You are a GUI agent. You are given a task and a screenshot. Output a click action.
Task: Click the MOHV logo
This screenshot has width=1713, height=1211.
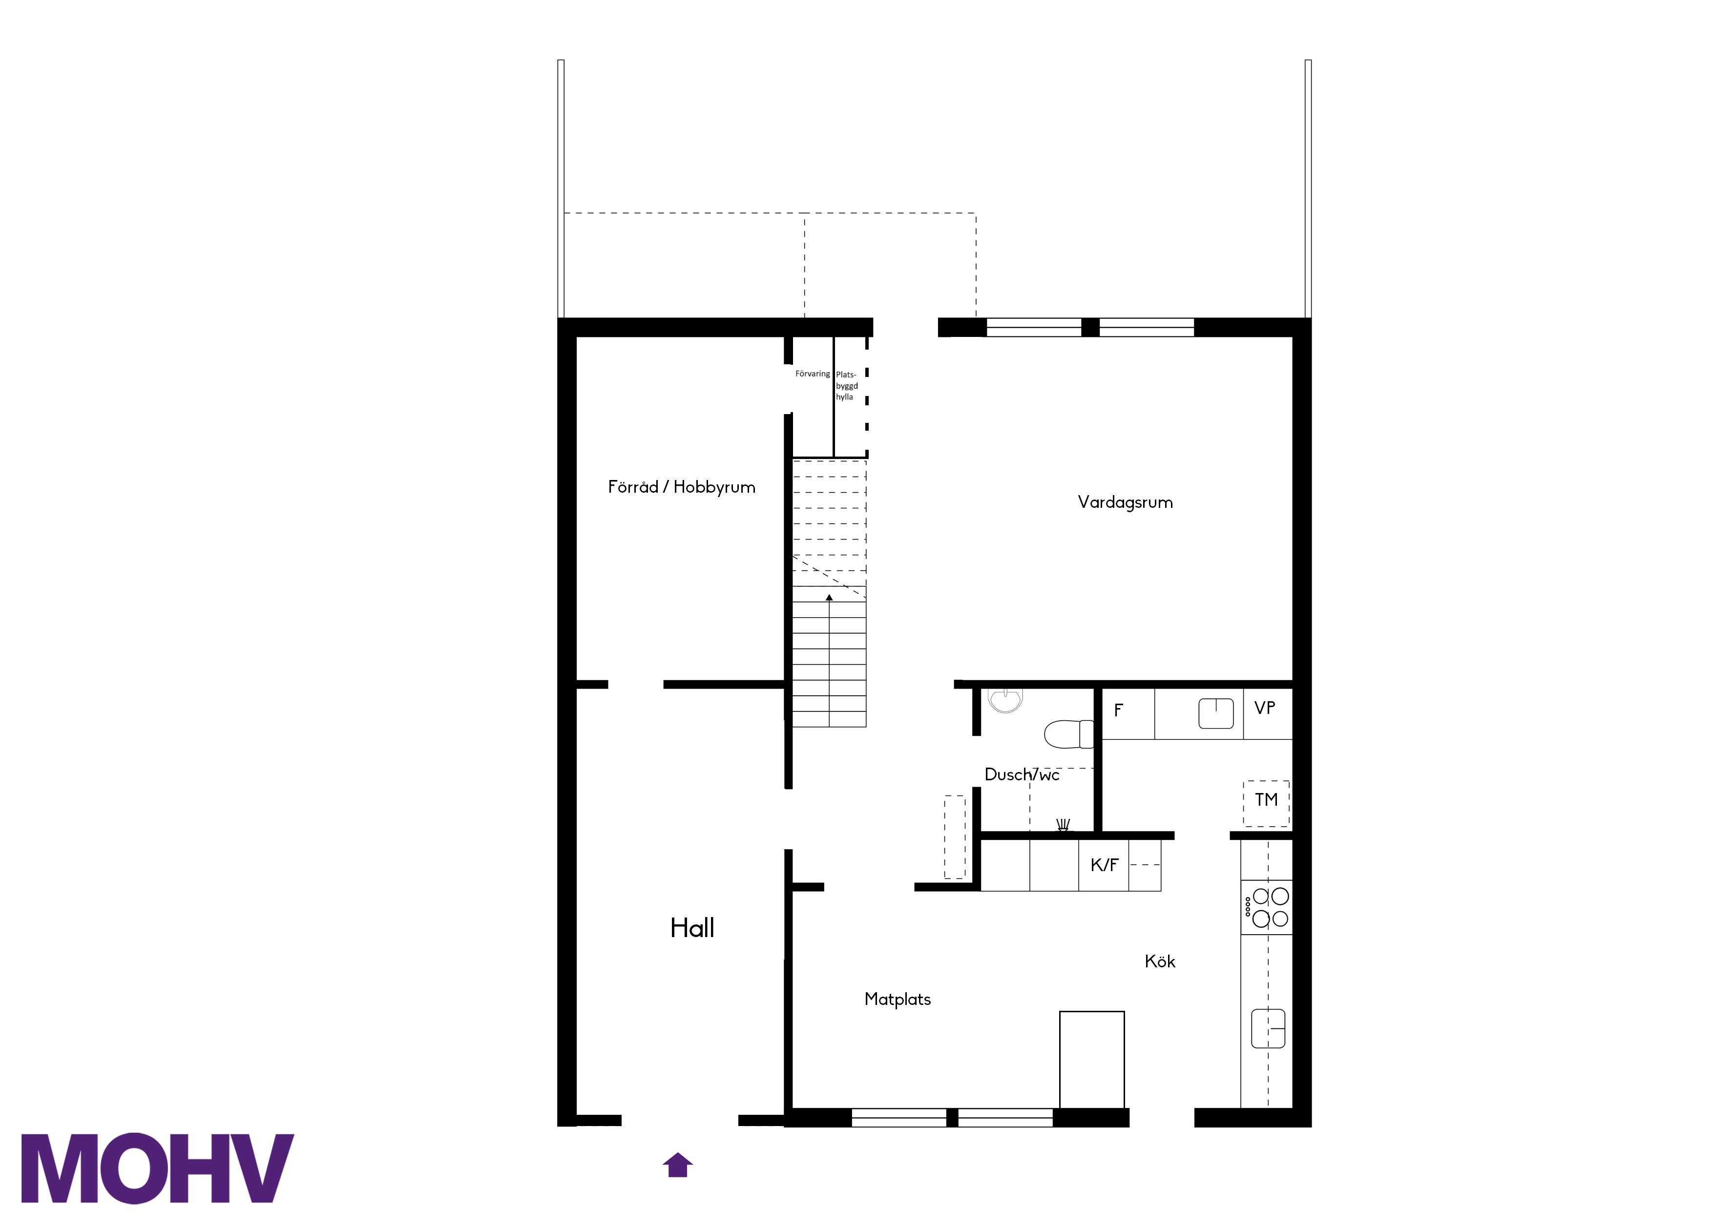click(x=157, y=1169)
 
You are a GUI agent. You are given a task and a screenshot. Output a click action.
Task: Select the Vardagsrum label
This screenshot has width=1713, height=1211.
click(x=1125, y=502)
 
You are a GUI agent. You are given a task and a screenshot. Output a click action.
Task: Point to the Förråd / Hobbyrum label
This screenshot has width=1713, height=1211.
click(x=681, y=487)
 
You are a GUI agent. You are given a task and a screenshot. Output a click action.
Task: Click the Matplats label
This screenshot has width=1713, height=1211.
click(x=898, y=999)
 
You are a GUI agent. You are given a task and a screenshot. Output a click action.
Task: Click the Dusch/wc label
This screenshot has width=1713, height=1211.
click(x=1022, y=774)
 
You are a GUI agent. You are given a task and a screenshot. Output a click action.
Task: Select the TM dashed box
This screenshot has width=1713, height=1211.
click(x=1266, y=804)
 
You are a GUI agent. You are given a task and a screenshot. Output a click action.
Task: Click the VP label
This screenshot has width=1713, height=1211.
click(x=1265, y=708)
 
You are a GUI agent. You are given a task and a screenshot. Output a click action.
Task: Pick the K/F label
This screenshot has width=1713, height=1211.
click(x=1104, y=865)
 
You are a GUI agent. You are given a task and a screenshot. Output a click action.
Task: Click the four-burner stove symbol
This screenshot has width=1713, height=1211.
click(x=1266, y=907)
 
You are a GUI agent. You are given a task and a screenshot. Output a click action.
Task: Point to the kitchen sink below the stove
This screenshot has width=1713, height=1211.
click(x=1268, y=1028)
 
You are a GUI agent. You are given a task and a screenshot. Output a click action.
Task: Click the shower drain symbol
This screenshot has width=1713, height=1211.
click(x=1063, y=824)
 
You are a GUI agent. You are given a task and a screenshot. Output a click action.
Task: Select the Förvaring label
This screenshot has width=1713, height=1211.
click(x=813, y=374)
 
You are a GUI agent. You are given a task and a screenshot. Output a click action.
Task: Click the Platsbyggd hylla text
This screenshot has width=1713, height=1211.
click(x=847, y=386)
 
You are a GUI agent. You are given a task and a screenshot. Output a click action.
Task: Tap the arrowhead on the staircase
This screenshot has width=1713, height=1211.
click(x=829, y=597)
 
